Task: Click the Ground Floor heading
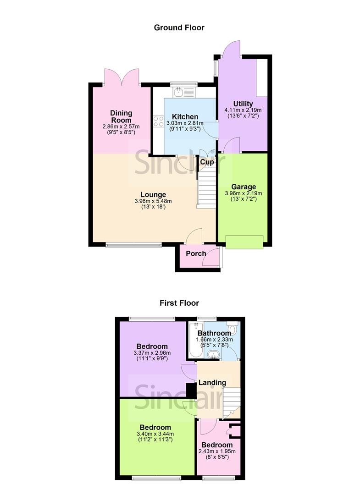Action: coord(179,27)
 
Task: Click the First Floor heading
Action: coord(179,302)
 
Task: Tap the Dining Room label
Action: coord(121,116)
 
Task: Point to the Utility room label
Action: coord(243,104)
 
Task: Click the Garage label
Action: coord(243,187)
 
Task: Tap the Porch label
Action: coord(195,253)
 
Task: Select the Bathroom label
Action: coord(214,333)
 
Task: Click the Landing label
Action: coord(211,382)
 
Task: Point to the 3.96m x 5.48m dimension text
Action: coord(153,201)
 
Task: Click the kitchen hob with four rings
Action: coord(159,121)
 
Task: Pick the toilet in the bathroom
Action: coord(233,329)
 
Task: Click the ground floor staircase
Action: coord(206,188)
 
